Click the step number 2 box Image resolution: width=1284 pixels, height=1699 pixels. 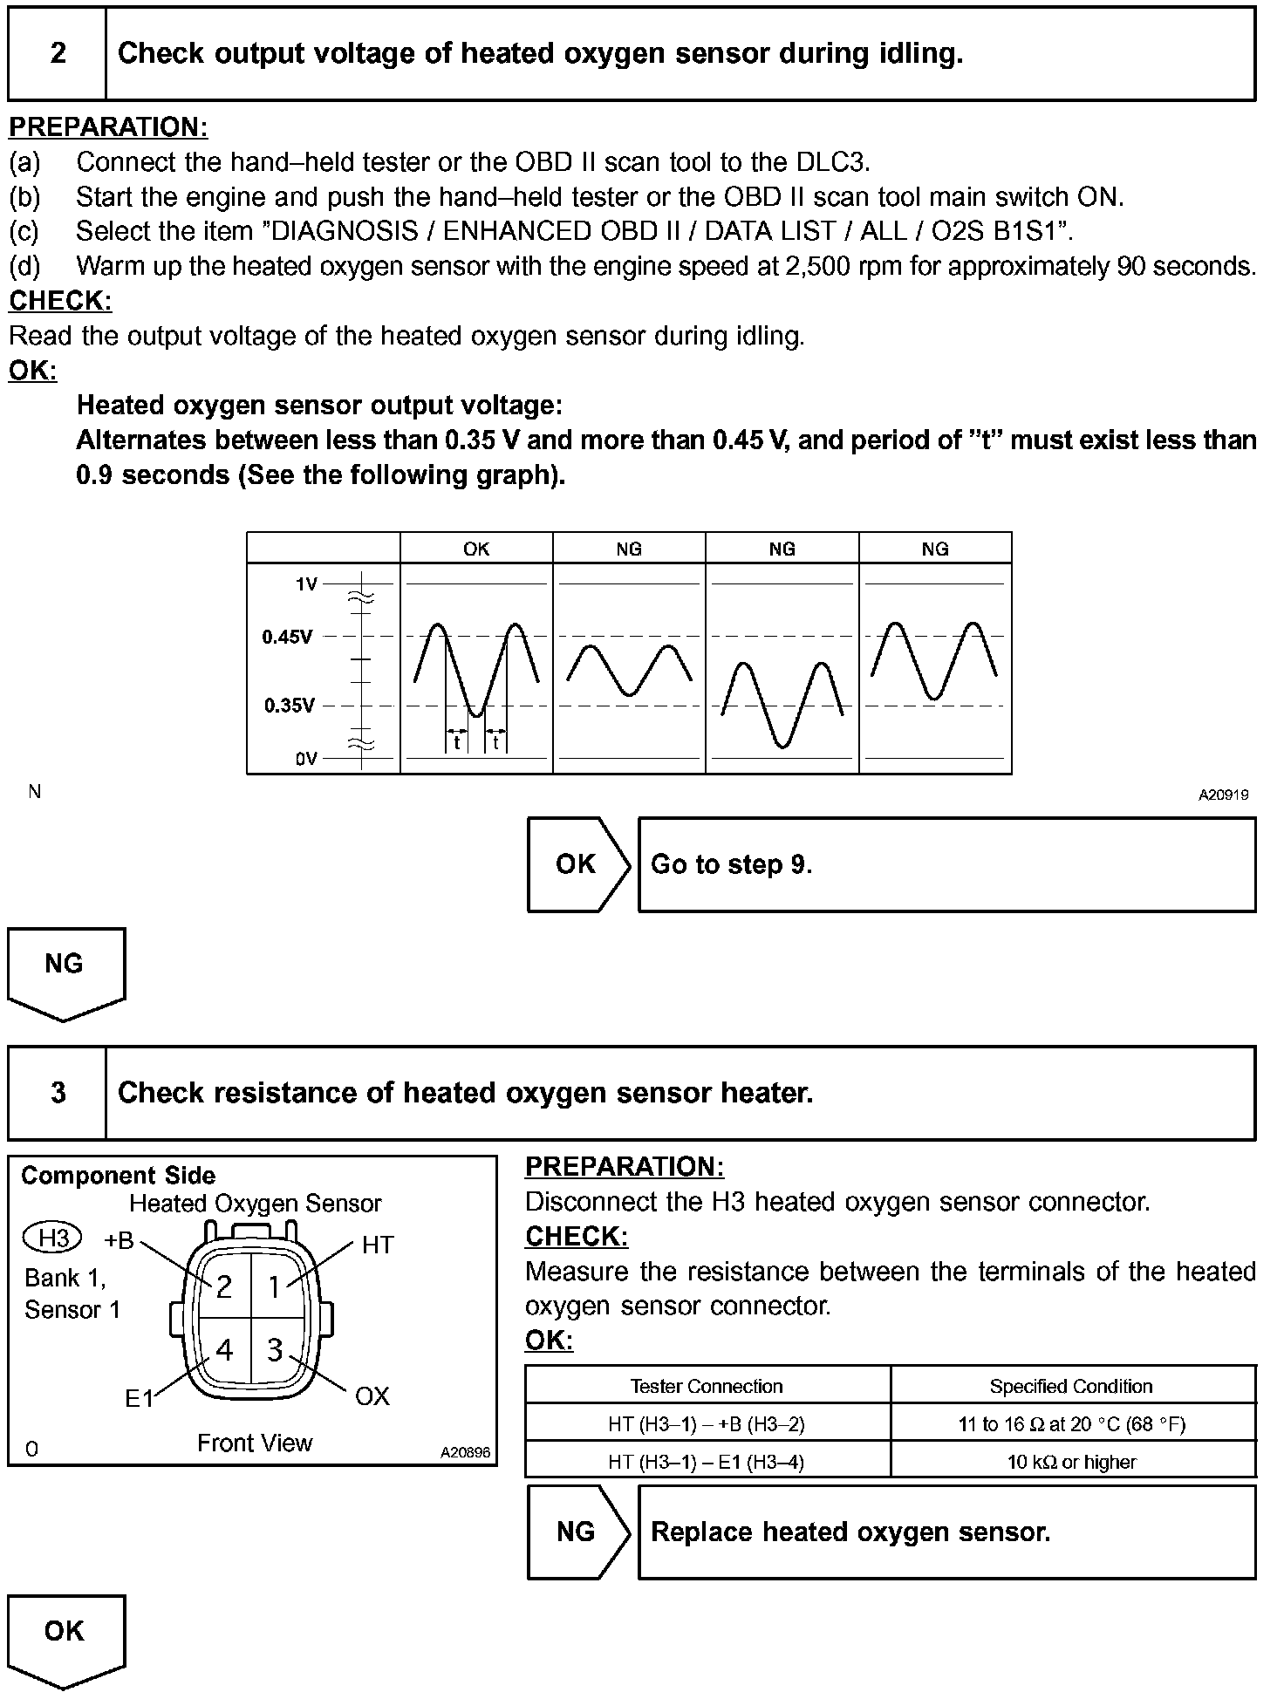click(58, 53)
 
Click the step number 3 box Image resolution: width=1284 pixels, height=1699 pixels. click(58, 1092)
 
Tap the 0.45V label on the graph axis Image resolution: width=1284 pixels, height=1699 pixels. click(287, 637)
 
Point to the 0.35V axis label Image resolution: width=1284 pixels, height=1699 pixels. click(289, 706)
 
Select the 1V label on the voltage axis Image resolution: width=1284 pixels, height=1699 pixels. click(306, 584)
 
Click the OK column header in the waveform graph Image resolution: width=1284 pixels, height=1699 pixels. click(476, 549)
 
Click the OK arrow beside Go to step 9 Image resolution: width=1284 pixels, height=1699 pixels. click(577, 864)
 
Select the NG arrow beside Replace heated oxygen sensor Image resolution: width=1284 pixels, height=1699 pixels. click(577, 1532)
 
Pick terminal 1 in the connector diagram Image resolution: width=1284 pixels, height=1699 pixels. click(275, 1286)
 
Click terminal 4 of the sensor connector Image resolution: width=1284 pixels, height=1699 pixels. click(224, 1350)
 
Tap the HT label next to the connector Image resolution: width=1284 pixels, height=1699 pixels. click(378, 1245)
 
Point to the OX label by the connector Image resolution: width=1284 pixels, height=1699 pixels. click(372, 1396)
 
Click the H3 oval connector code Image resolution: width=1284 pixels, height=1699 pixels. click(53, 1238)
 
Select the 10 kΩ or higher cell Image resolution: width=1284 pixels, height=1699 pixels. click(1072, 1462)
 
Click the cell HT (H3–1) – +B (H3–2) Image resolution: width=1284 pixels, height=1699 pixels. click(707, 1424)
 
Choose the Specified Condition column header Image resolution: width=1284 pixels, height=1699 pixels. click(1072, 1386)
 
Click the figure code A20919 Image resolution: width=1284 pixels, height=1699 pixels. click(1223, 795)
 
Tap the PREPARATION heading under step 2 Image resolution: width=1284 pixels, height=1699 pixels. click(108, 127)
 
